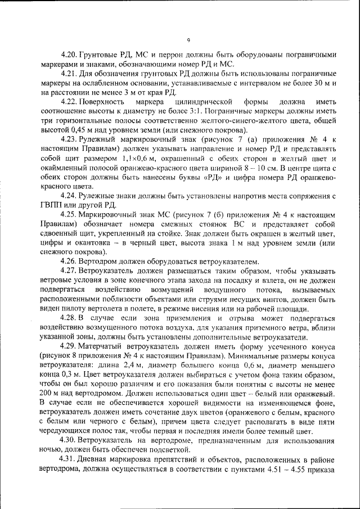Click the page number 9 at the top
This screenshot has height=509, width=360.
189,40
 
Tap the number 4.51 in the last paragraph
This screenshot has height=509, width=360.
277,468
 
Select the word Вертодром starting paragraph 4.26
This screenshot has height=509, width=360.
102,262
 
